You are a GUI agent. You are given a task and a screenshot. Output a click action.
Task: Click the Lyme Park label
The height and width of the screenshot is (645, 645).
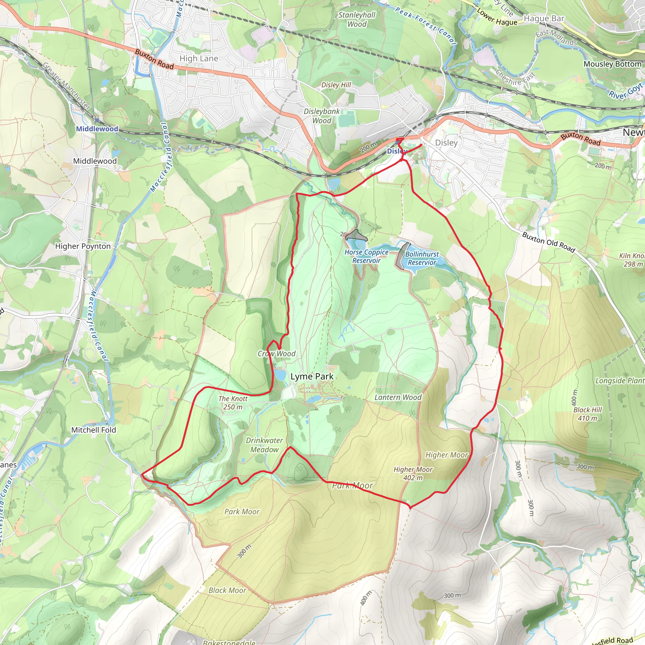312,377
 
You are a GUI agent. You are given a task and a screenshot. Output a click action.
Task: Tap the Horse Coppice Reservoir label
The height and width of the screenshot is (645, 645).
366,256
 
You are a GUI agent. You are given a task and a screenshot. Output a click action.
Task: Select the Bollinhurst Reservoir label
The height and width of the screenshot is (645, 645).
422,258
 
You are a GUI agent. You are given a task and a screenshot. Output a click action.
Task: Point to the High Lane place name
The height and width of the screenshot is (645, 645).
199,59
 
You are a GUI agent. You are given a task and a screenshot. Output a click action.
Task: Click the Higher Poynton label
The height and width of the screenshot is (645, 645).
83,246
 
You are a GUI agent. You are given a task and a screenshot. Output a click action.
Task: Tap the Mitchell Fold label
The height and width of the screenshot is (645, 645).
94,430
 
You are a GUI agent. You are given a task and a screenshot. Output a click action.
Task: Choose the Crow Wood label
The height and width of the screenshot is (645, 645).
277,354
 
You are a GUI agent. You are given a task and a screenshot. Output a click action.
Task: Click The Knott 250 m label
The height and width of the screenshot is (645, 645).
233,402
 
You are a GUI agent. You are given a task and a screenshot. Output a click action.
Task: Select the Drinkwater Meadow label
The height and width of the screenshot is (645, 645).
265,445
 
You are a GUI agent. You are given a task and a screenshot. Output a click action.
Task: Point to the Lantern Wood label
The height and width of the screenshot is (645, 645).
398,397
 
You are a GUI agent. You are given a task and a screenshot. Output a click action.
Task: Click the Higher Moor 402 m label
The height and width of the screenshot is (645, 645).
413,473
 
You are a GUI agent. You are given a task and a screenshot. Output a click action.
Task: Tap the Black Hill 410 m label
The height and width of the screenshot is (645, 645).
588,414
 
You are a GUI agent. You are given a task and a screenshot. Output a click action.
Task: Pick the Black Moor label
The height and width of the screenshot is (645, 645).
227,590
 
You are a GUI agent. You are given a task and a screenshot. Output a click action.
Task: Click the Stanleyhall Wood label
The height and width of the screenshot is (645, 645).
357,19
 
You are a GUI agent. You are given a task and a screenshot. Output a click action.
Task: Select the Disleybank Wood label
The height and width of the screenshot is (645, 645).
322,116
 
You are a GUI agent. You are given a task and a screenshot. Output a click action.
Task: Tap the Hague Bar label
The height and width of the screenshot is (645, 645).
544,18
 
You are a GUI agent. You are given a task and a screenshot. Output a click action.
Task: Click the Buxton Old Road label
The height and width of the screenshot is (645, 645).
549,242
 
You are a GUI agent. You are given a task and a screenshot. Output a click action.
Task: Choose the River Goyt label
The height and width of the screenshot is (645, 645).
625,91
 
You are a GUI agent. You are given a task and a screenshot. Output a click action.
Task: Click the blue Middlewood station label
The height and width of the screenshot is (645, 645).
97,129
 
